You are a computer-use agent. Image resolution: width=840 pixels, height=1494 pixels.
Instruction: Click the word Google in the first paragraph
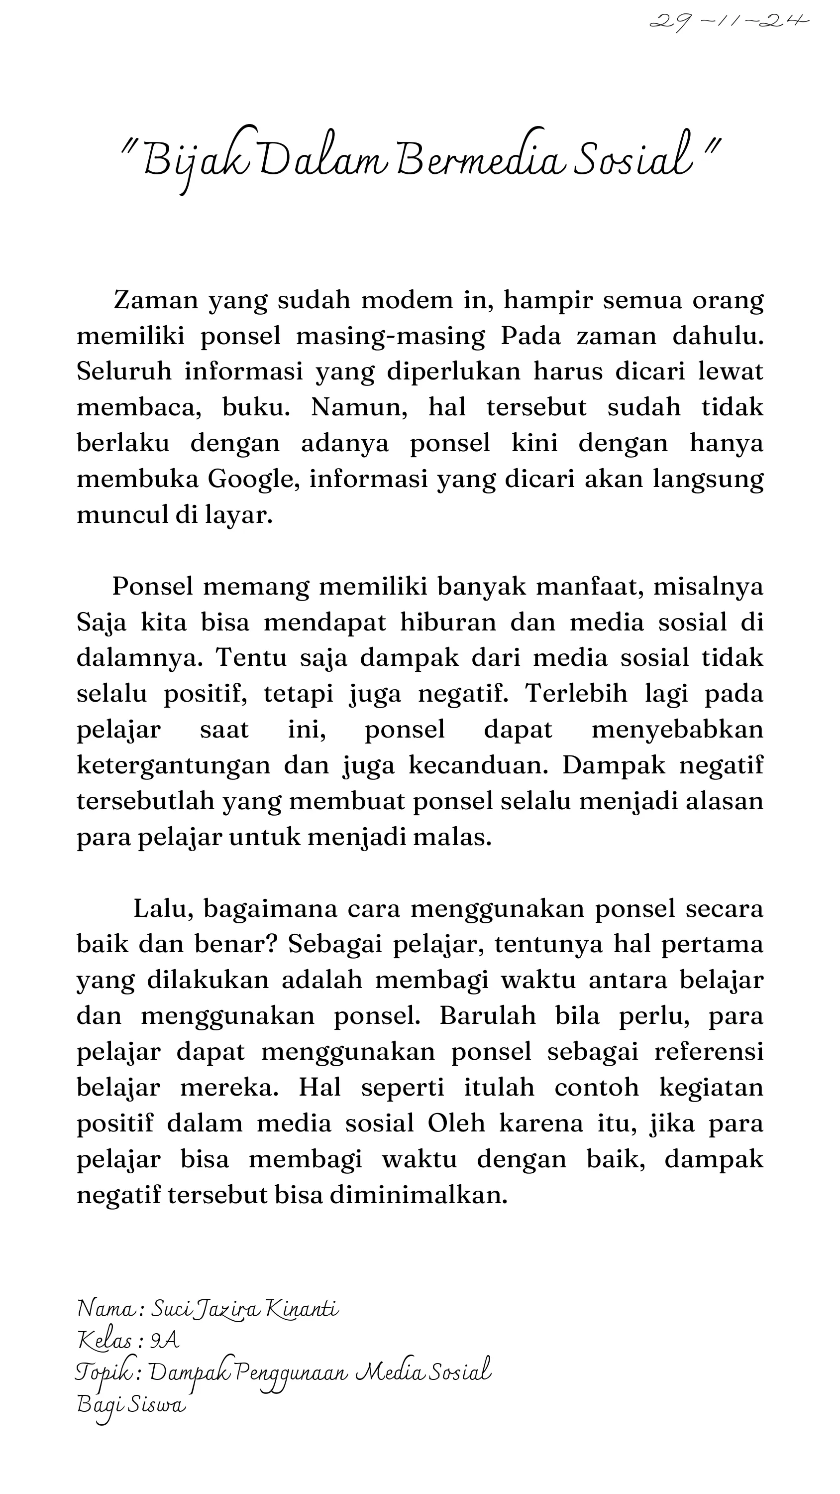(x=254, y=480)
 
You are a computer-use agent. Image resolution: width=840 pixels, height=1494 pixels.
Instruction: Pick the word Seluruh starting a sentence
(x=124, y=372)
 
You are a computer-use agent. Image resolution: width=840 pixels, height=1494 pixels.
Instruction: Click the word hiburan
(x=448, y=623)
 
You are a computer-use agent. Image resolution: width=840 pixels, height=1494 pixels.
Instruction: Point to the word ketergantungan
(x=173, y=766)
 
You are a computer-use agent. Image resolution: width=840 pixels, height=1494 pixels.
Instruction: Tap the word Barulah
(x=488, y=1016)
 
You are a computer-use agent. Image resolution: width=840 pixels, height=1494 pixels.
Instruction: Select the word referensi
(x=709, y=1052)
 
